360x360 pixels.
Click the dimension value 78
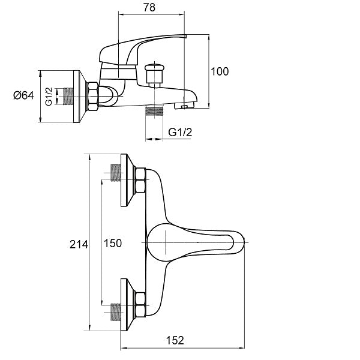pos(150,8)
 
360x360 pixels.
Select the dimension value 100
pos(220,71)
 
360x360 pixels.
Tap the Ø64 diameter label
pos(23,95)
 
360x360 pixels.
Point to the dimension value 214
pos(79,244)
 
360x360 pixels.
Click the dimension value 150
pos(113,243)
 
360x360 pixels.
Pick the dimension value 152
pos(174,340)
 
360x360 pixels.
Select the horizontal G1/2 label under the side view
pos(179,133)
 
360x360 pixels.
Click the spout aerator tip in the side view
pos(182,106)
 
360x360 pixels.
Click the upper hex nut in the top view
pos(140,179)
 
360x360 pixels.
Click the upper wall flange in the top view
pos(127,179)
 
